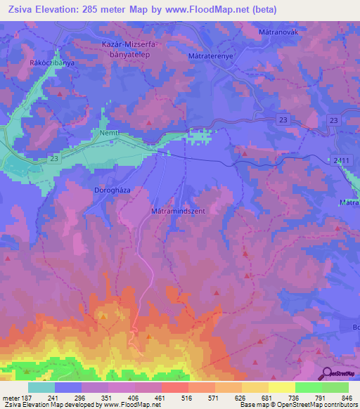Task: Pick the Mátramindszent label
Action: tap(177, 210)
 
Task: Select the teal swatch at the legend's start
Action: tap(41, 387)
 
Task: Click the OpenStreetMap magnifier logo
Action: tap(328, 372)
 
